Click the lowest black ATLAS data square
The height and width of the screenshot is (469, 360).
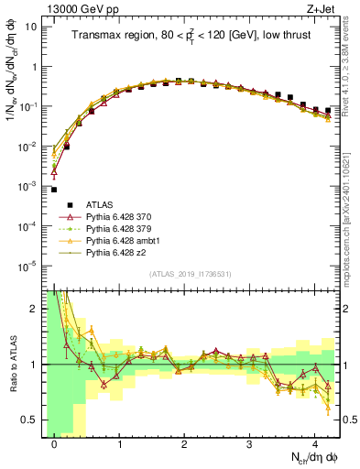[54, 190]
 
